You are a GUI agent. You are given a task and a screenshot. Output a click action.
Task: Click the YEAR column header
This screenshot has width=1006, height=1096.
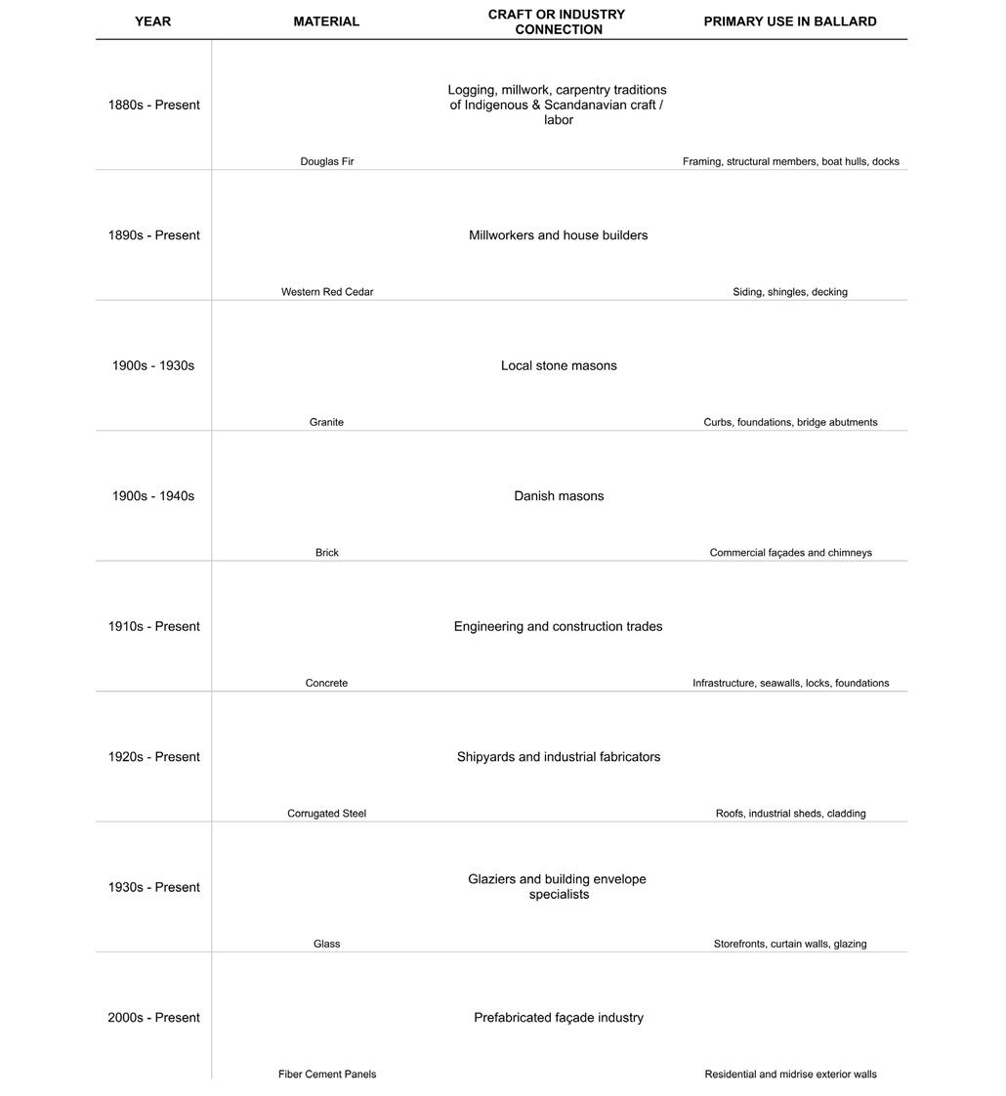pos(152,21)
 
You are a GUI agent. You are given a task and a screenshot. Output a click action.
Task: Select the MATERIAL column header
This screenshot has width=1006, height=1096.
pos(326,21)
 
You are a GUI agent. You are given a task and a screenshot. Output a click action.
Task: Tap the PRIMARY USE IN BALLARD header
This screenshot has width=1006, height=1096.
pos(789,21)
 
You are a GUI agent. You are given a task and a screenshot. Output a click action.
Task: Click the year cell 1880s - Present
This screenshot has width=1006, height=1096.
pos(153,105)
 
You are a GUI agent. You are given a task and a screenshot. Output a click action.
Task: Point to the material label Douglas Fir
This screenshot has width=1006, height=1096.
pos(326,161)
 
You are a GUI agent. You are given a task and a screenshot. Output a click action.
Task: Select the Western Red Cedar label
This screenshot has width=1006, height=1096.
pos(326,292)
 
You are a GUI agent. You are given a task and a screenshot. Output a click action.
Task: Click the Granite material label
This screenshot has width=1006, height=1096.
pos(326,422)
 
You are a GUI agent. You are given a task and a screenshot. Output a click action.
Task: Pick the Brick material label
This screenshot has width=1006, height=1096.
pos(326,553)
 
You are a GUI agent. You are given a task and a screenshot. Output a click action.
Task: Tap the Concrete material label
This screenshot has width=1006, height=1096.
pos(326,683)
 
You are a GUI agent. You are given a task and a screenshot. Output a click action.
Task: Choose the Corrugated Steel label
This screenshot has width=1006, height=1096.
pos(326,814)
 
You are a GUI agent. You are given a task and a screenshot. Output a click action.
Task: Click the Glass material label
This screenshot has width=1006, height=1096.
pos(326,944)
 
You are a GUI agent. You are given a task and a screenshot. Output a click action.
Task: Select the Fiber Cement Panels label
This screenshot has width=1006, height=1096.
pos(326,1075)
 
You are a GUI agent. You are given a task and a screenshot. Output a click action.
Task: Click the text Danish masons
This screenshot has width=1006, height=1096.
pos(559,496)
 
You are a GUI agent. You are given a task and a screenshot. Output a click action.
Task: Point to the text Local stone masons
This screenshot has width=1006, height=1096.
pos(559,365)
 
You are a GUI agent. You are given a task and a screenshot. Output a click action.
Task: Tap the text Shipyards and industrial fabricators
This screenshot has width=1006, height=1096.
pos(559,757)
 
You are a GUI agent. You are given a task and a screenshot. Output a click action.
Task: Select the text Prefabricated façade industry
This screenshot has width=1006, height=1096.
pos(559,1018)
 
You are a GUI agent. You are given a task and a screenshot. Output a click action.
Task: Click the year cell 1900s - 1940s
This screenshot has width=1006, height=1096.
pos(153,496)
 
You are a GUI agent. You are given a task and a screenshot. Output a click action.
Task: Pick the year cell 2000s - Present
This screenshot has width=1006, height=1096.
pos(153,1018)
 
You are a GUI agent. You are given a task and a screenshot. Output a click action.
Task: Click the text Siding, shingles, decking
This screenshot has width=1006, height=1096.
pos(790,292)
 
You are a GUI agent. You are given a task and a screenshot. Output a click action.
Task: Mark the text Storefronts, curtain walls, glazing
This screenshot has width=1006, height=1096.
pos(790,944)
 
